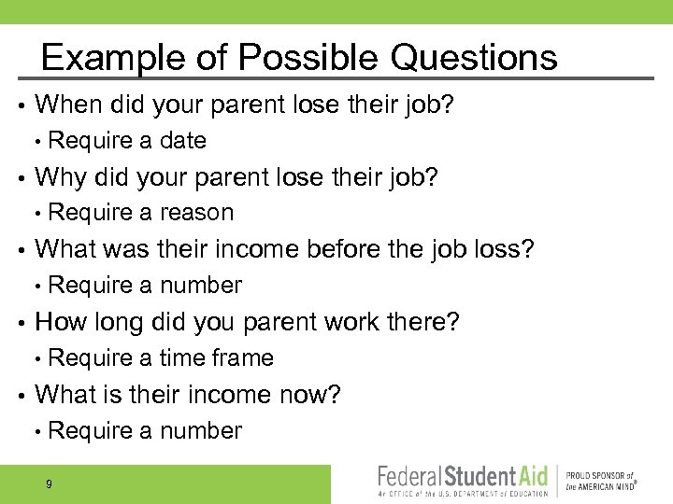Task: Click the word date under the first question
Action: [183, 141]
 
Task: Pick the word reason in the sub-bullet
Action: [196, 213]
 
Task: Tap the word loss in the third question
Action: [506, 249]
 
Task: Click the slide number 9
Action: [49, 483]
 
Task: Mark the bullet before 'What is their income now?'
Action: [21, 396]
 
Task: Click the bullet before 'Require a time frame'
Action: [36, 358]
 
